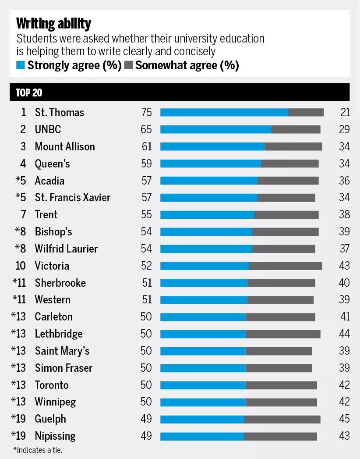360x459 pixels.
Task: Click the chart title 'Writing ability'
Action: [x=53, y=23]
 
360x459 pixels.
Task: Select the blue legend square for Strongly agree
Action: [x=20, y=66]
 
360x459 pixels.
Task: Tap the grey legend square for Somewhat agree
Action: [x=128, y=66]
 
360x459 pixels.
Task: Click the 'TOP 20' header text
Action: [x=29, y=93]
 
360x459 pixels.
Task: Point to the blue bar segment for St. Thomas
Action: [x=224, y=112]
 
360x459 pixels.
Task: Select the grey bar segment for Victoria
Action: [x=286, y=266]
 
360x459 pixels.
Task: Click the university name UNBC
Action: [x=48, y=129]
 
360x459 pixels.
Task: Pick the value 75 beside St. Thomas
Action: [x=146, y=112]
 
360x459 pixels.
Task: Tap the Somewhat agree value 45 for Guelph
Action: [x=344, y=419]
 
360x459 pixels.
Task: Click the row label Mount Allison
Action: [x=65, y=146]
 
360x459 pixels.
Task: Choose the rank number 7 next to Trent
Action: [x=24, y=214]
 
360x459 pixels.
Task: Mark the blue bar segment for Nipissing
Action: [x=202, y=436]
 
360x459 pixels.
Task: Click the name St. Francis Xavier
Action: [x=73, y=197]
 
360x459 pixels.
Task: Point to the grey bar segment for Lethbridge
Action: [x=283, y=334]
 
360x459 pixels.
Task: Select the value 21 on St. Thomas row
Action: [x=345, y=112]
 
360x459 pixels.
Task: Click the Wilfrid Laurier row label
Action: [x=66, y=249]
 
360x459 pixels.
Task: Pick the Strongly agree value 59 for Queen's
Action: [x=146, y=164]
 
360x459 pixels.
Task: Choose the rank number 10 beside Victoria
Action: [x=21, y=266]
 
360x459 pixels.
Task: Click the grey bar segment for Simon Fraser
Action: [x=279, y=368]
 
